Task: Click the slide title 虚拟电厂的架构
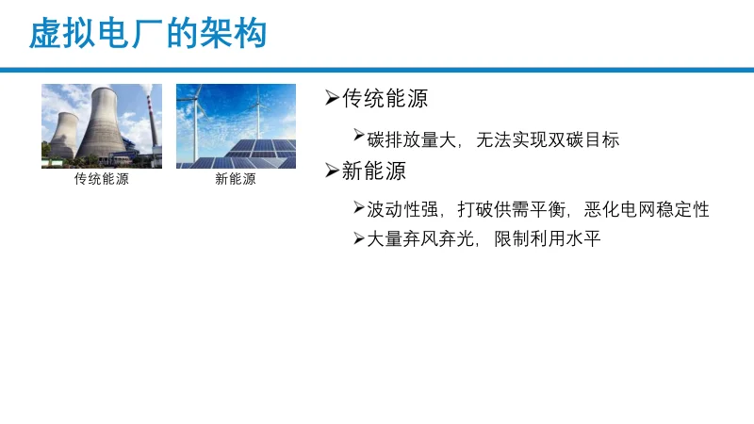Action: click(x=148, y=34)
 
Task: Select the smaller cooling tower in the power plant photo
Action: click(x=62, y=137)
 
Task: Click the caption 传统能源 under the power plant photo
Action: click(x=102, y=179)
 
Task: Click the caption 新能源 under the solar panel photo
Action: click(x=236, y=179)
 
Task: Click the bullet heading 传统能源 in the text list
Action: click(x=385, y=99)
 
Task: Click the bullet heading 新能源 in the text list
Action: click(x=374, y=171)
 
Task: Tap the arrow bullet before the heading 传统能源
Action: click(x=331, y=98)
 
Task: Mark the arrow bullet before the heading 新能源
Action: click(x=331, y=171)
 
